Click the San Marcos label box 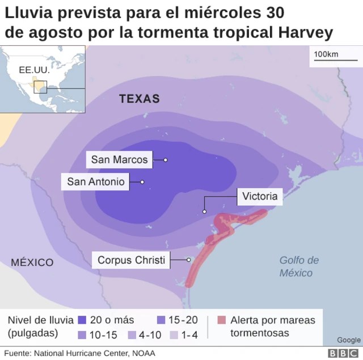[x=119, y=160]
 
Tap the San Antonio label [x=95, y=182]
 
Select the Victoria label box [x=260, y=197]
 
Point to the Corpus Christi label [x=132, y=260]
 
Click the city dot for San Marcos [x=166, y=160]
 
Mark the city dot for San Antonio [x=142, y=182]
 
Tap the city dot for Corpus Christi [x=189, y=260]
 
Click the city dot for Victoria [x=204, y=212]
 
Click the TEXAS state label [x=140, y=99]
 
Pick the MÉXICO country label [x=32, y=262]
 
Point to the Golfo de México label [x=299, y=266]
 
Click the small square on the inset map [x=40, y=87]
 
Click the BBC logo [x=341, y=353]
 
